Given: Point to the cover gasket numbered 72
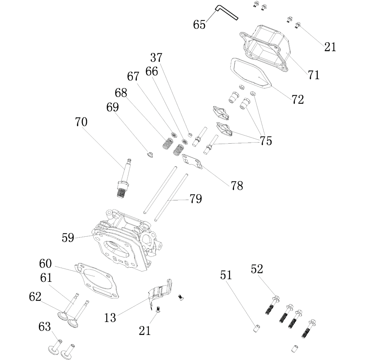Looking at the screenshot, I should click(251, 75).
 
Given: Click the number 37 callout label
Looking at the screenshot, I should click(157, 58).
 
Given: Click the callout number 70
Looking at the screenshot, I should click(81, 122).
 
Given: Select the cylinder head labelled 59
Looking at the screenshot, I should click(124, 240).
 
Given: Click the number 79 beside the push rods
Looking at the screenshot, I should click(195, 199).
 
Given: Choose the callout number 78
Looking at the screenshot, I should click(237, 185).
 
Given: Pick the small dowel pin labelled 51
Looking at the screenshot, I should click(256, 328).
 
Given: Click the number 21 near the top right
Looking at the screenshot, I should click(330, 47).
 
